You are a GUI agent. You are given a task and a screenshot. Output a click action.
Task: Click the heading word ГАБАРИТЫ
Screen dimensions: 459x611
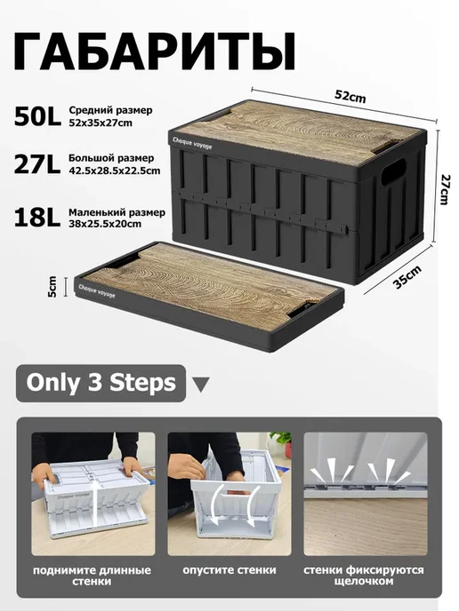(154, 52)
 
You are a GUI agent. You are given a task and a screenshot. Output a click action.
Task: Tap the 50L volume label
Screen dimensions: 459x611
(37, 115)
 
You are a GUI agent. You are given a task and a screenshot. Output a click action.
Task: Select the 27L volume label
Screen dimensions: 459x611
(37, 164)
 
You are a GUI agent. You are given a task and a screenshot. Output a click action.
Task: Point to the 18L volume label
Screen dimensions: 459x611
(37, 218)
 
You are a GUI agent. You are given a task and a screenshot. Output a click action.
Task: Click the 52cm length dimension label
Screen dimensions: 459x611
(350, 96)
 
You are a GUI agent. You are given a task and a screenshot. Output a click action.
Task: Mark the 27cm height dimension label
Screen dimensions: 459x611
(445, 188)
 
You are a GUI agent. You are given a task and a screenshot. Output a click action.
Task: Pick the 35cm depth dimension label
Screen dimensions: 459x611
(407, 277)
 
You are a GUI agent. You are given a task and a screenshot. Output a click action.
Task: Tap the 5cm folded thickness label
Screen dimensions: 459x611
(52, 286)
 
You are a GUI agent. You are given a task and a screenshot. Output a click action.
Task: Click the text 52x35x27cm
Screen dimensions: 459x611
(101, 123)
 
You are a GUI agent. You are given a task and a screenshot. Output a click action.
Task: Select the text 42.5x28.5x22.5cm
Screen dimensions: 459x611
(115, 171)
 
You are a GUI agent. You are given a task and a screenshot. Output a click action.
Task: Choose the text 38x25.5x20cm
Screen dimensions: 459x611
(105, 224)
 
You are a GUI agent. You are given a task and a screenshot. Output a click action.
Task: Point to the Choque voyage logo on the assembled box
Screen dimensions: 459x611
(192, 143)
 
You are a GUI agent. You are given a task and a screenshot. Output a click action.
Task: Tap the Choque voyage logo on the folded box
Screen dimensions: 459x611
(97, 290)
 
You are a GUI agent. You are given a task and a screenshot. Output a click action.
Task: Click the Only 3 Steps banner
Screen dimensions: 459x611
(101, 383)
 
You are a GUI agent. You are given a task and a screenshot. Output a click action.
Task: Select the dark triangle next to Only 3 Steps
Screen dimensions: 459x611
(201, 385)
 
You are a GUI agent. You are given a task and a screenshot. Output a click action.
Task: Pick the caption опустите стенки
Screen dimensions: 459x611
(229, 570)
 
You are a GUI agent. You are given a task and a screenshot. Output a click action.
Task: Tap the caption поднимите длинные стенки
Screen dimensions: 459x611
(93, 576)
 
